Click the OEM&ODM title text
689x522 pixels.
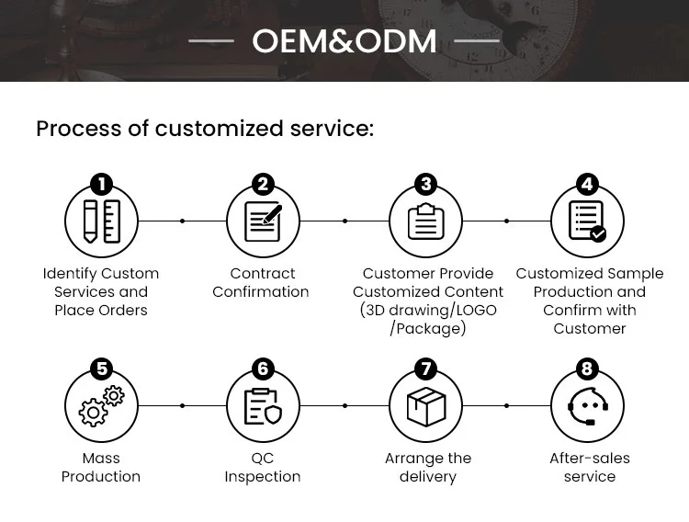pyautogui.click(x=344, y=41)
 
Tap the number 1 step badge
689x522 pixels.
pyautogui.click(x=101, y=186)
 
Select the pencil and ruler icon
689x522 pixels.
pyautogui.click(x=101, y=221)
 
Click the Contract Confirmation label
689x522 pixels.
pyautogui.click(x=262, y=283)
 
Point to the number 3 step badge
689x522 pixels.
pyautogui.click(x=425, y=186)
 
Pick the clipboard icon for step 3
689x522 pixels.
pyautogui.click(x=425, y=221)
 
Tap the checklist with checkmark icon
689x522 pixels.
pyautogui.click(x=588, y=221)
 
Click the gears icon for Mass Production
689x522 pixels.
pyautogui.click(x=101, y=405)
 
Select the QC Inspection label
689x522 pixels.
pyautogui.click(x=263, y=467)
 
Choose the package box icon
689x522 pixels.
pyautogui.click(x=425, y=405)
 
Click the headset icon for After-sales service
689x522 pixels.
pyautogui.click(x=587, y=405)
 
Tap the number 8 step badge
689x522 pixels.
pyautogui.click(x=587, y=369)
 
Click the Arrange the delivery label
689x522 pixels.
pyautogui.click(x=428, y=467)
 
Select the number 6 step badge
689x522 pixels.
pyautogui.click(x=263, y=369)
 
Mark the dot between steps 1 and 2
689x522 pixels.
pyautogui.click(x=182, y=221)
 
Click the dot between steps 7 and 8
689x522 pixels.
pyautogui.click(x=506, y=405)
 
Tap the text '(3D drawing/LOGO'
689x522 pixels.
pyautogui.click(x=428, y=310)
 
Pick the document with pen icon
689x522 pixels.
pyautogui.click(x=263, y=221)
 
